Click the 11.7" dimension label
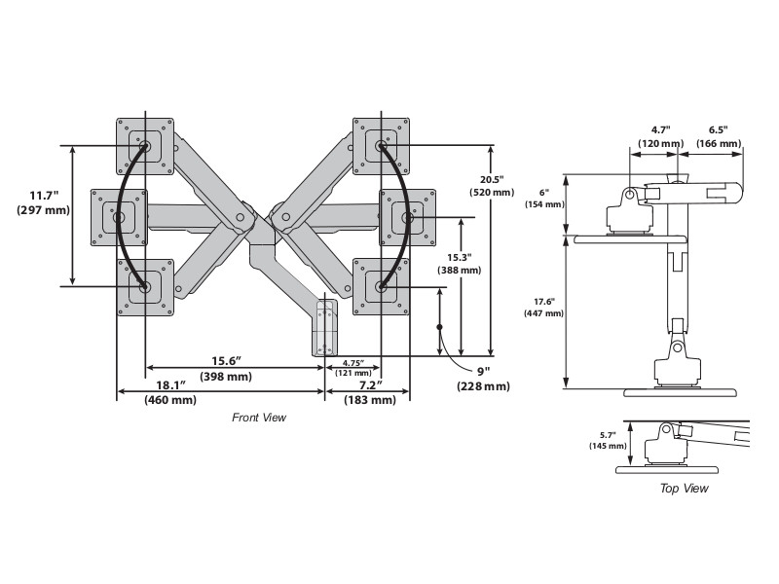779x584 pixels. point(44,195)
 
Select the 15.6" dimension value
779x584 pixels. point(226,361)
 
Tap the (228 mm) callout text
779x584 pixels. point(482,385)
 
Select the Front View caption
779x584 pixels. point(259,418)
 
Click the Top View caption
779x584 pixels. point(684,489)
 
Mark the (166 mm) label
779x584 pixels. point(718,143)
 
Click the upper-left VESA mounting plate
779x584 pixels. point(145,147)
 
